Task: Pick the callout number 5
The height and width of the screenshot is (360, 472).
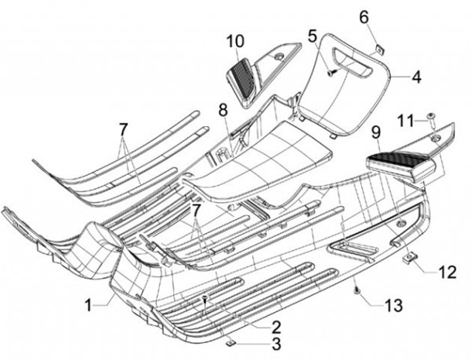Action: click(x=313, y=35)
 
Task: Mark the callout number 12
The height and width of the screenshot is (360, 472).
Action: click(x=448, y=271)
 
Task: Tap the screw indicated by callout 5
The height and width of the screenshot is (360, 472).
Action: click(x=332, y=73)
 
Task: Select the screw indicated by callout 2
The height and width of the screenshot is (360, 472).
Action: click(x=206, y=299)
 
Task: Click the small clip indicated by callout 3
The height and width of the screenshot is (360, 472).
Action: click(x=228, y=342)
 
